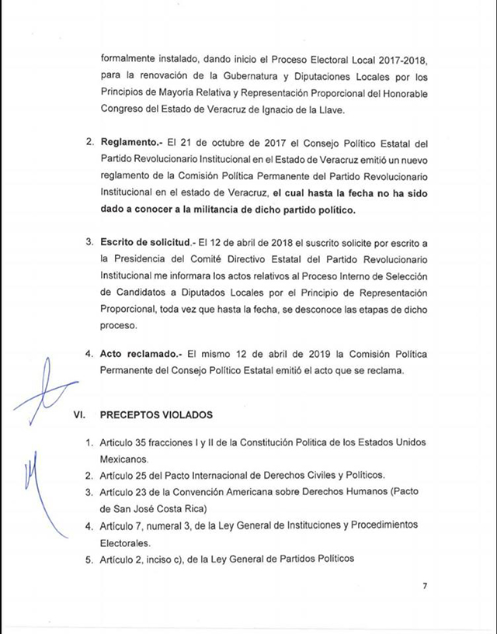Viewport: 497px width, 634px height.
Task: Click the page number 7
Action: (424, 586)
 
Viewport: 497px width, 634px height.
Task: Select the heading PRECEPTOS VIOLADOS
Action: (156, 414)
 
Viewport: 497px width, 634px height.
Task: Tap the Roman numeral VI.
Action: (78, 414)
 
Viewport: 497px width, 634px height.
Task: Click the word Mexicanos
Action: (121, 458)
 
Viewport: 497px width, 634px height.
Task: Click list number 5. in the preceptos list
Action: (89, 559)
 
